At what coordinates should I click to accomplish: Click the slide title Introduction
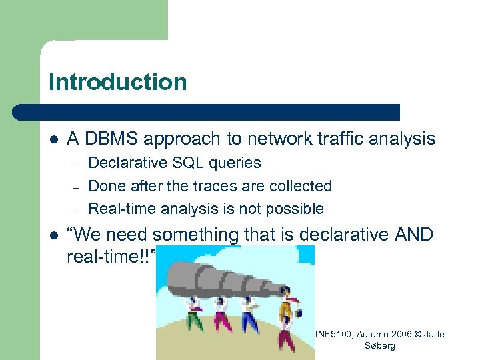[x=117, y=82]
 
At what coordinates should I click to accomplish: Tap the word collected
[x=299, y=186]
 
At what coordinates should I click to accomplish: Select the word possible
[x=295, y=209]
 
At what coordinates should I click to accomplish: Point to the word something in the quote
[x=200, y=235]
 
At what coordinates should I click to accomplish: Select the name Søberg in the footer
[x=381, y=345]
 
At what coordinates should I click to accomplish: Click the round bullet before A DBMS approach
[x=53, y=139]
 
